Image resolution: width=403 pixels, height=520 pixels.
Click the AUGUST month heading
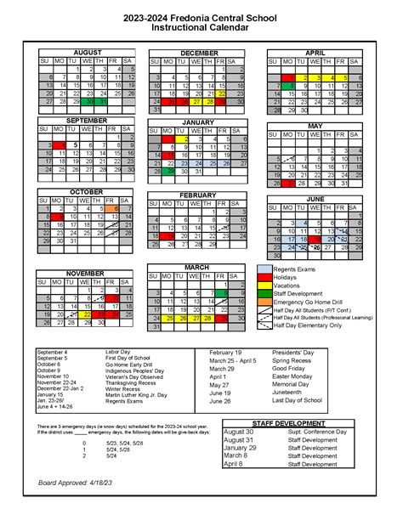pos(87,53)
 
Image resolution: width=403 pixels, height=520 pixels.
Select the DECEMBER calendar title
pos(199,53)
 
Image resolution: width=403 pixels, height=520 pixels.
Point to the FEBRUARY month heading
pos(199,195)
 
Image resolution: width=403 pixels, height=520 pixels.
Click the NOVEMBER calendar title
pos(87,273)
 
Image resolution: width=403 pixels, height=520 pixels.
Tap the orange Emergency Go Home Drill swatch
pos(264,302)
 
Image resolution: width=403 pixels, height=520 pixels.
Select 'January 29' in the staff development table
pos(241,448)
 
